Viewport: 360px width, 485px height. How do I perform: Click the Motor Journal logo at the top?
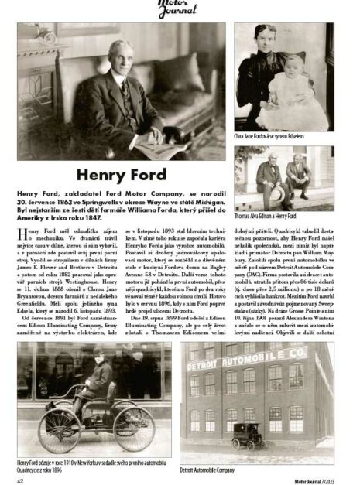pyautogui.click(x=179, y=9)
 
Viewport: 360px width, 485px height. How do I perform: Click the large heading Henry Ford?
pyautogui.click(x=124, y=175)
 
